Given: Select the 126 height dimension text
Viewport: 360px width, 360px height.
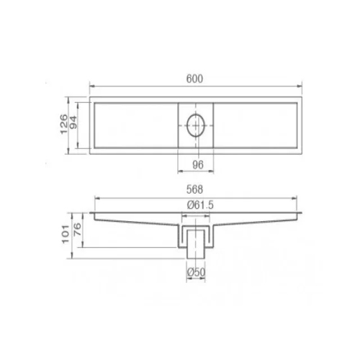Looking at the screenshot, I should pos(63,124).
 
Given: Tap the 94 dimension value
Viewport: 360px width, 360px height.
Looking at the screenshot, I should pos(73,124).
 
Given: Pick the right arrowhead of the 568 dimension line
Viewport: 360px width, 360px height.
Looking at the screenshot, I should pos(298,198).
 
